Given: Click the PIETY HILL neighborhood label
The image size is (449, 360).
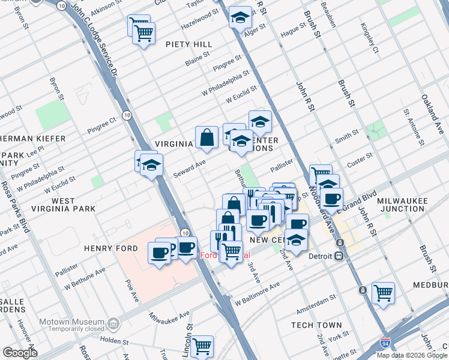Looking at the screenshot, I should (190, 44).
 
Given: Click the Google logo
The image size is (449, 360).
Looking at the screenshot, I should (20, 352).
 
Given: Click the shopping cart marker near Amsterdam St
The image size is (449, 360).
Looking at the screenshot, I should (382, 293).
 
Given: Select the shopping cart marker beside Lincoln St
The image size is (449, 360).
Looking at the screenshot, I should (202, 346).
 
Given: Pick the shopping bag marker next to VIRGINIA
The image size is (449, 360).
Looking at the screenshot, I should (206, 137).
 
